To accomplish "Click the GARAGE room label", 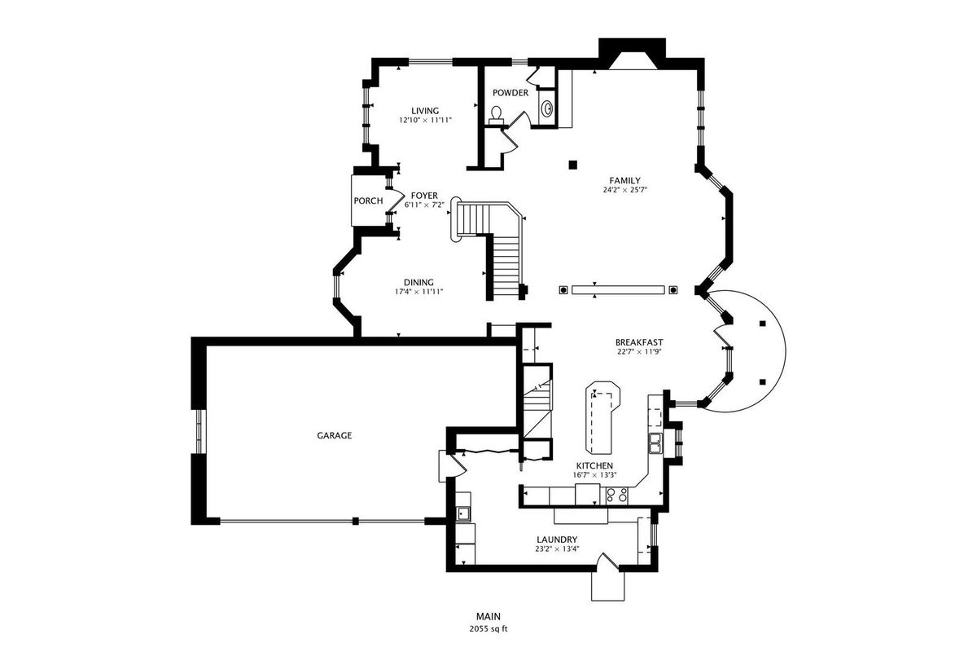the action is (334, 435).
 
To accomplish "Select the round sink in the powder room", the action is (547, 108).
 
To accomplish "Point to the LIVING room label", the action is (425, 111).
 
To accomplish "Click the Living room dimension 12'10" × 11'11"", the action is (425, 120).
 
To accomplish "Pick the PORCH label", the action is (368, 200).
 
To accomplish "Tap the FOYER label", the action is (424, 196).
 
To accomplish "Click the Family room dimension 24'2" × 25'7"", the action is (624, 190).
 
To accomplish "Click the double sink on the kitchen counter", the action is (655, 443).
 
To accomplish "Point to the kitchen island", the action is (602, 417).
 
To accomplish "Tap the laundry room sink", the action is (462, 514).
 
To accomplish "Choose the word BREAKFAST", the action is (639, 342).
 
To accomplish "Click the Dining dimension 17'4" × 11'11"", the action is (418, 292).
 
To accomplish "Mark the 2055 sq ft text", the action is (488, 629).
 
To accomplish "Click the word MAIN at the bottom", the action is (488, 617).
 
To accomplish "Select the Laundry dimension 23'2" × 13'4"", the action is (557, 549).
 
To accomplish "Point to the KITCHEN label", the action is (594, 466).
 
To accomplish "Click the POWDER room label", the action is (510, 93).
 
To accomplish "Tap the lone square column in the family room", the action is (572, 165).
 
